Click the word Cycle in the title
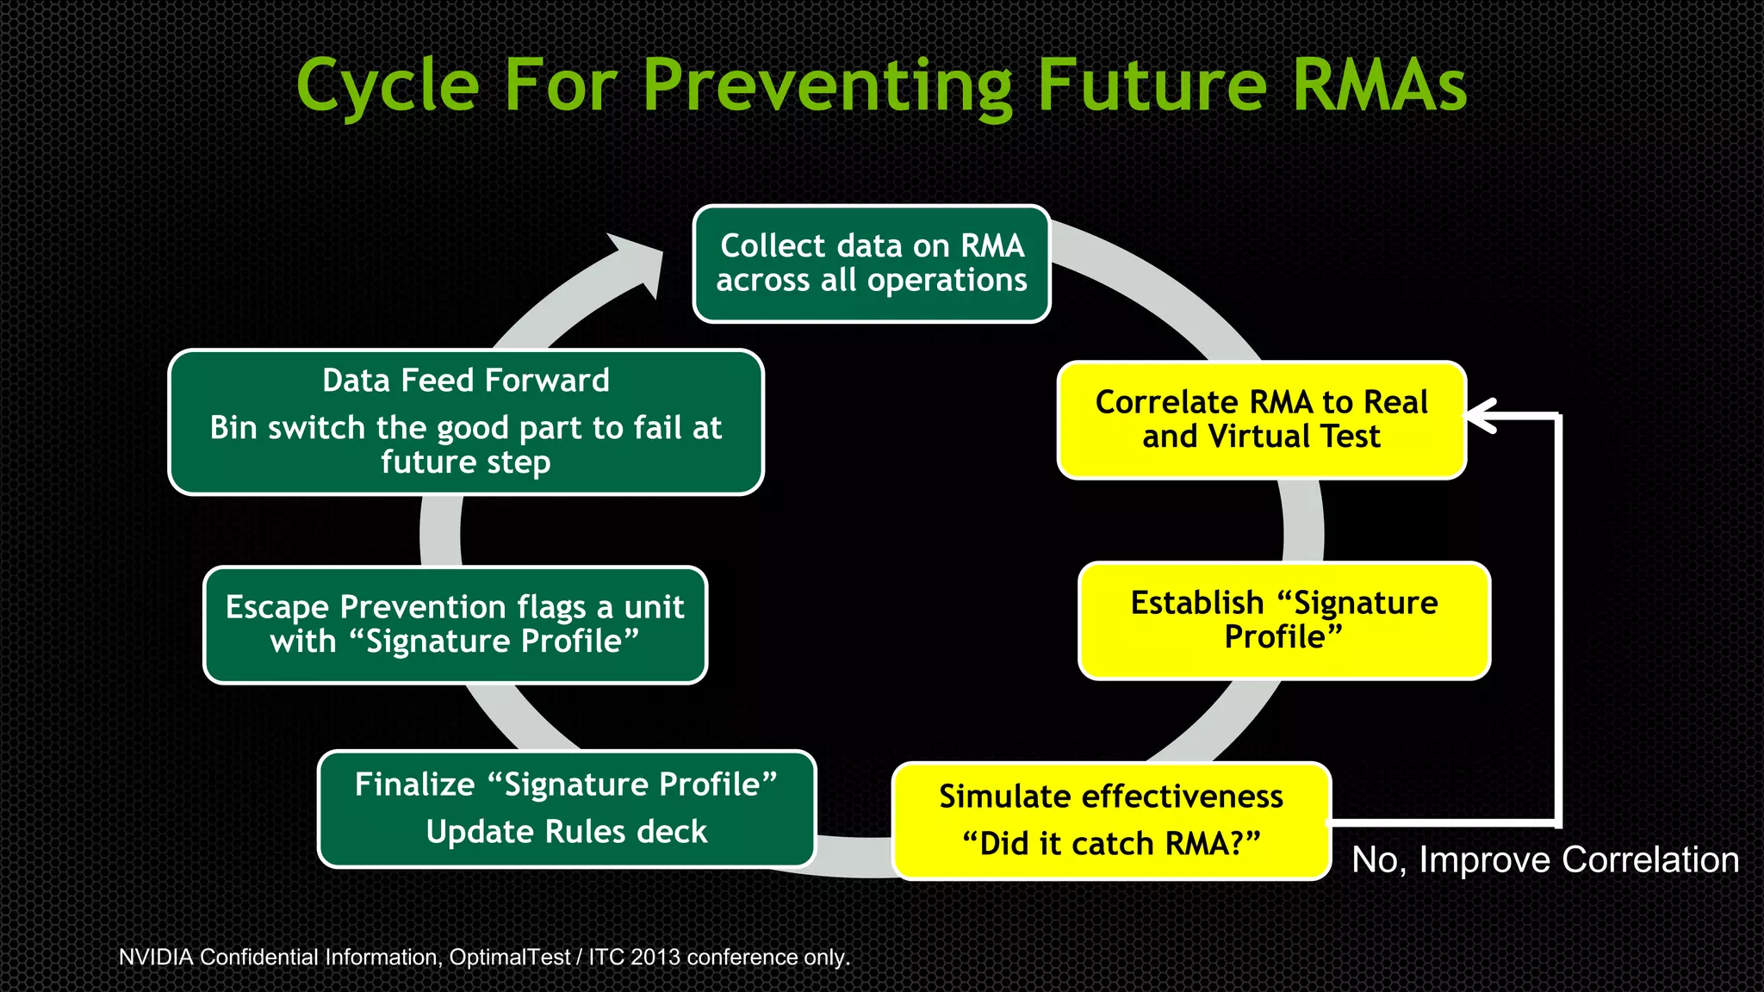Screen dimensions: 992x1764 [387, 86]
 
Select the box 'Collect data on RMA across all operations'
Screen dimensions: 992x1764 [871, 263]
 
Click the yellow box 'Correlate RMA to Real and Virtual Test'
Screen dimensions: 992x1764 [1261, 420]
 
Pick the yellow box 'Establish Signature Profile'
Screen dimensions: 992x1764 [1283, 620]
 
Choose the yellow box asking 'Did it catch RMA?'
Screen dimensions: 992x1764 [1111, 821]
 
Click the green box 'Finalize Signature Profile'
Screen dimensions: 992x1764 [566, 808]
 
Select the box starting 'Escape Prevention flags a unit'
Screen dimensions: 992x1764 [455, 624]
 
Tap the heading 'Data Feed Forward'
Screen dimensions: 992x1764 [465, 381]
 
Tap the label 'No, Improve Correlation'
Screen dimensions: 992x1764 [1545, 859]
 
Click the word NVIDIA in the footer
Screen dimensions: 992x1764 [156, 957]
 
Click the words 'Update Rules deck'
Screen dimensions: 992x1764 [566, 832]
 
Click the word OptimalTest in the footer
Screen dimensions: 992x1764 [509, 957]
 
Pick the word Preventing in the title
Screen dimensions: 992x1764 [828, 86]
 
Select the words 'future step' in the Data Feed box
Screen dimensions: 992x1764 [465, 462]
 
